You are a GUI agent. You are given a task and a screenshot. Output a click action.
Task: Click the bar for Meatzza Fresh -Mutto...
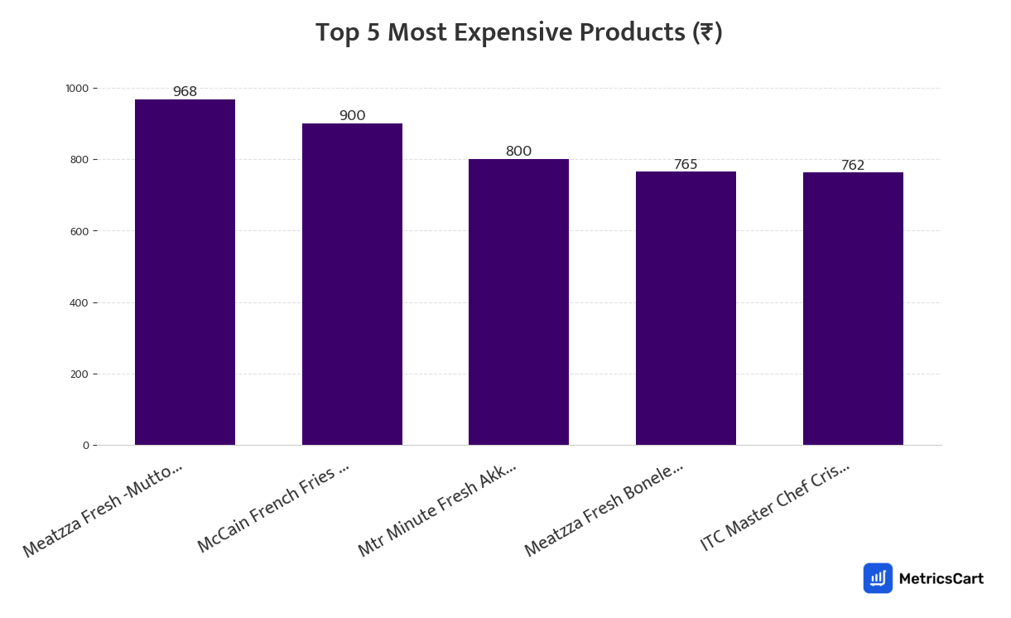pos(185,273)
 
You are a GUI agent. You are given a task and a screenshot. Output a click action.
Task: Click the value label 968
pos(185,92)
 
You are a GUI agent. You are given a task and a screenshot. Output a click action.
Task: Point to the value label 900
pos(352,116)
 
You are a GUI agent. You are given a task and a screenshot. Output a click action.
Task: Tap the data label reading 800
pos(518,152)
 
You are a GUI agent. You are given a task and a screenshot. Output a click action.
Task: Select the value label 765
pos(686,165)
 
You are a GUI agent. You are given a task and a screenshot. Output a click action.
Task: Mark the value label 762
pos(853,166)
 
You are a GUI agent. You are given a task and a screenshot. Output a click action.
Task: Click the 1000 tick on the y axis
pos(77,89)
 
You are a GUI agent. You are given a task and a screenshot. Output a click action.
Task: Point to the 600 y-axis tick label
pos(79,231)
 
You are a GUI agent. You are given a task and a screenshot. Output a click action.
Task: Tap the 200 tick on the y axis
pos(79,374)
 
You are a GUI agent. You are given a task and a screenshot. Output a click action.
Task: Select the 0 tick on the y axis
pos(85,446)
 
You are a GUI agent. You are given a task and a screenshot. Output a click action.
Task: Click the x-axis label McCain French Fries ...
pos(273,509)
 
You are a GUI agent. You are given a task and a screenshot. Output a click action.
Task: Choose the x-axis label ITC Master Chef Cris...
pos(775,506)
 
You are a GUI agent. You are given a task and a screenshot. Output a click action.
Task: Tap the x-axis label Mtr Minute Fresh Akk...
pos(437,509)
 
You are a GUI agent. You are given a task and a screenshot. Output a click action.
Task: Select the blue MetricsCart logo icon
pos(878,578)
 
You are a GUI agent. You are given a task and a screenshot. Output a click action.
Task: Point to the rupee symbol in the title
pos(706,33)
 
